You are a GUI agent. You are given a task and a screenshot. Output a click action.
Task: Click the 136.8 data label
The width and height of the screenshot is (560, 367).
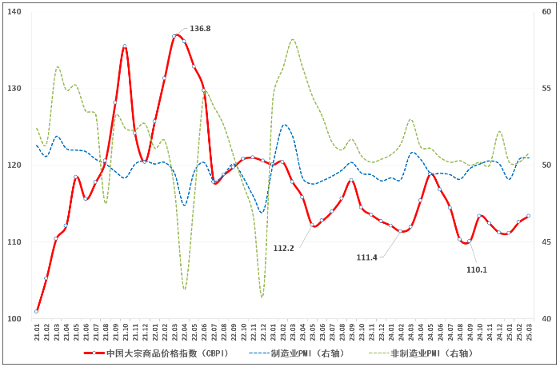200,29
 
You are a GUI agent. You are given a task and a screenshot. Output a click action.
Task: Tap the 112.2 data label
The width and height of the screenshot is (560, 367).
284,248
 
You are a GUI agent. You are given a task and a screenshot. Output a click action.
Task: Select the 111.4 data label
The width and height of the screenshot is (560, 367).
367,257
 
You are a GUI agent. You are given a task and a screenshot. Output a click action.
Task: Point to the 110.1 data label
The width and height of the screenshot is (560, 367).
477,269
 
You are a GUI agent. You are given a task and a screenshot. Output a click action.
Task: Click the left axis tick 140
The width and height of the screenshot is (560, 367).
16,12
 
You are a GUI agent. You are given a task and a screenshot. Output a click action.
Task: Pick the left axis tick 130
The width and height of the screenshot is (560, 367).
16,89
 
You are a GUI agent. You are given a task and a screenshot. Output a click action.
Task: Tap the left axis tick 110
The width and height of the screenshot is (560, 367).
16,242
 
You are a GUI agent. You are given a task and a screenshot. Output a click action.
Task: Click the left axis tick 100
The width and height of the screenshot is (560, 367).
16,319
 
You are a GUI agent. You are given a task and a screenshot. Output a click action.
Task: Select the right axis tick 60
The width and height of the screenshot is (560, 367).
546,12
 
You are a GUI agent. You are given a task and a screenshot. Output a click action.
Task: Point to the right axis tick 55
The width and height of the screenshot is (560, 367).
546,89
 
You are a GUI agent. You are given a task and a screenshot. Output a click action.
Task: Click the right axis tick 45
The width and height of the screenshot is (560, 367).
546,242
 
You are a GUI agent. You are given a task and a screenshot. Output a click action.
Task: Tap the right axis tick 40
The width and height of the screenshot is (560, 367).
546,319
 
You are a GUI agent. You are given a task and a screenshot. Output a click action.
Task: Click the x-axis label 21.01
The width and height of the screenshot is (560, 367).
37,331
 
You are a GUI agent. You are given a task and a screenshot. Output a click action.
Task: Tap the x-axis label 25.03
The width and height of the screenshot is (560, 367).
528,331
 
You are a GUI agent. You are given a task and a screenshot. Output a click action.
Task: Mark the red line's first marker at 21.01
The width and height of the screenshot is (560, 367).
37,311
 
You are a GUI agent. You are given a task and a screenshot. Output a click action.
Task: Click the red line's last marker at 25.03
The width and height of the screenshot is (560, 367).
528,216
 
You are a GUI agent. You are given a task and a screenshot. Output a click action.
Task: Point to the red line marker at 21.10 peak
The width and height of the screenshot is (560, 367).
125,46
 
